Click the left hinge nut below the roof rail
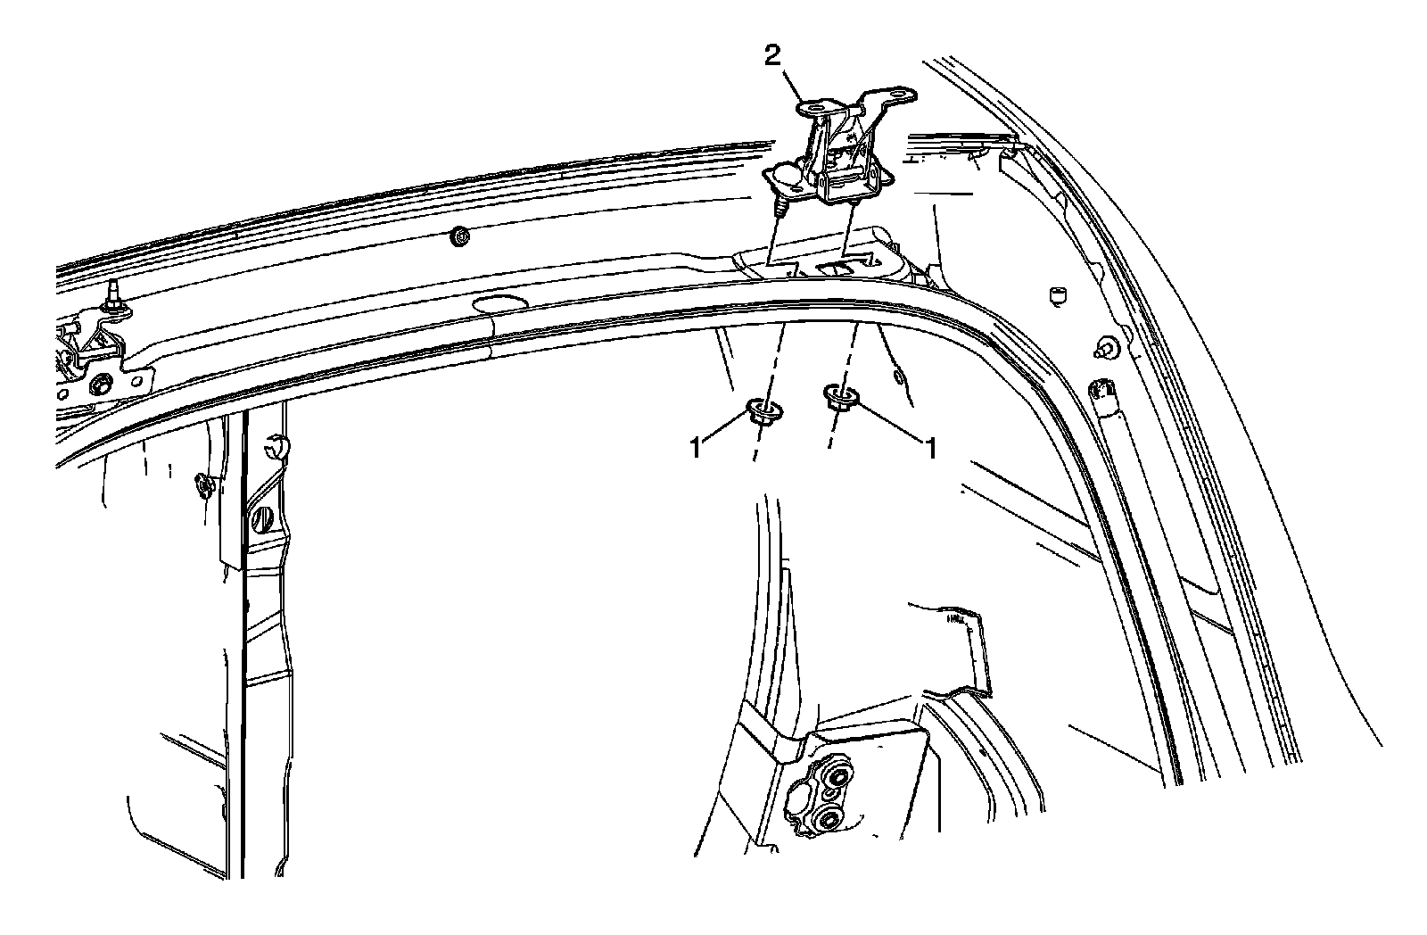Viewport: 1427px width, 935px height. pyautogui.click(x=759, y=411)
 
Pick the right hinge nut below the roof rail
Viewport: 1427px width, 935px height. pyautogui.click(x=838, y=395)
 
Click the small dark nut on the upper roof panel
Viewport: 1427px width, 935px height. pyautogui.click(x=461, y=237)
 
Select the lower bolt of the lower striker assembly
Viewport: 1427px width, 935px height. pyautogui.click(x=829, y=820)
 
